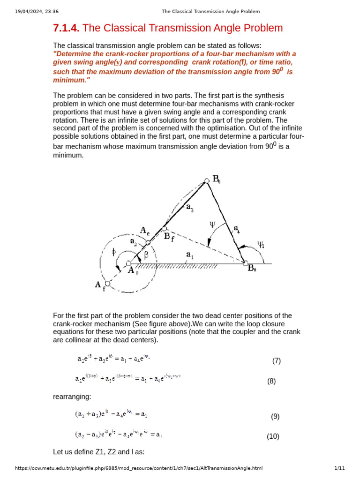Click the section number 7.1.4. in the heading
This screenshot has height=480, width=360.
pos(67,28)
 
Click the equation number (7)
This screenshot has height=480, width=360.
pos(276,360)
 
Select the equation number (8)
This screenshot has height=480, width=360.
pos(271,381)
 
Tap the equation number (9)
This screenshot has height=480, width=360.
pos(275,416)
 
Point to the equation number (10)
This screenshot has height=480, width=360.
pos(273,436)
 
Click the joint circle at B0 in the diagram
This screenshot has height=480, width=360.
pos(245,264)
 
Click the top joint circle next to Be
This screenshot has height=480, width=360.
pos(206,180)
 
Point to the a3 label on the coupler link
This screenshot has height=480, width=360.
pos(189,209)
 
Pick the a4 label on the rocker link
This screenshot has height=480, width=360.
pos(238,228)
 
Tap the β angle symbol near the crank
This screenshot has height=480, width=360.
pos(146,255)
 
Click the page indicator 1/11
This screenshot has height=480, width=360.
pos(339,468)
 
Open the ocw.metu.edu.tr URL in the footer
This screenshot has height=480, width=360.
pos(139,468)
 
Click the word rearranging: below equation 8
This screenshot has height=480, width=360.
pos(72,397)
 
